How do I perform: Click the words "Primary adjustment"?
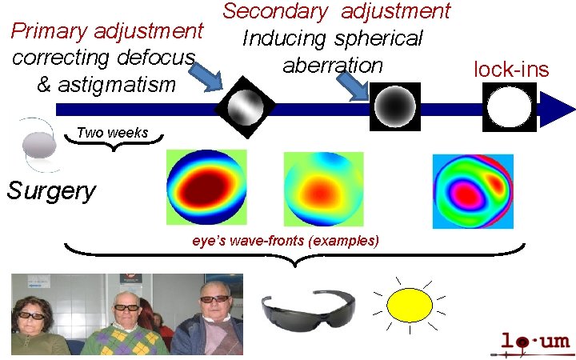tap(106, 32)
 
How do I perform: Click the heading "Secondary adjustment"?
tap(337, 11)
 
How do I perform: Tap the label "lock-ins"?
tap(511, 69)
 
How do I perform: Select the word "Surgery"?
tap(51, 191)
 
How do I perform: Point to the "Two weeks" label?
tap(112, 133)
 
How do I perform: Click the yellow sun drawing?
tap(409, 304)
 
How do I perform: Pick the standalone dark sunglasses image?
tap(307, 308)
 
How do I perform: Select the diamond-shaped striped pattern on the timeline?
tap(246, 106)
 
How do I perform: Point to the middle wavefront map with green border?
tap(323, 187)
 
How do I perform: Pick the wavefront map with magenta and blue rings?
tap(473, 189)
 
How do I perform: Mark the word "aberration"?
tap(332, 65)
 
